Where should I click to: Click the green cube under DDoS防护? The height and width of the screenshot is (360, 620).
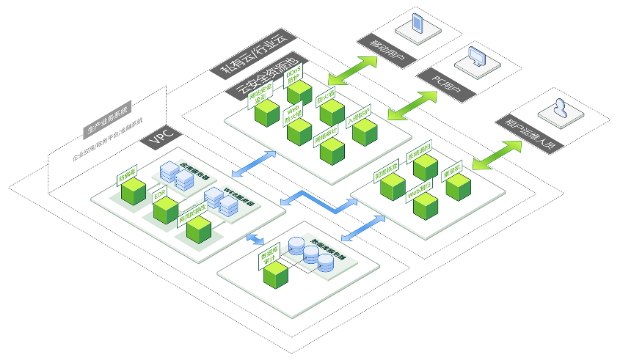(x=299, y=93)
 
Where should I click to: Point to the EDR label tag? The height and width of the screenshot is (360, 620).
(x=160, y=194)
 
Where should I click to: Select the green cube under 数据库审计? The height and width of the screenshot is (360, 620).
(x=277, y=275)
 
